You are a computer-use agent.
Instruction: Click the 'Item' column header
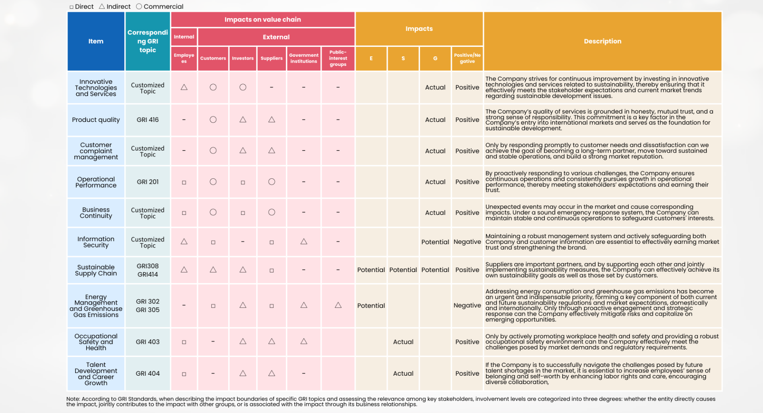96,41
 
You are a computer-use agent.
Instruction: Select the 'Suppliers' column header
271,58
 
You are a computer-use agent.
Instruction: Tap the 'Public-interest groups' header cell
338,58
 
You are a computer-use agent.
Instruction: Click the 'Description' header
602,41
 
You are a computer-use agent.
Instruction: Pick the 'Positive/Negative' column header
467,58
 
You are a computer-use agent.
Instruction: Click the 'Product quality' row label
96,120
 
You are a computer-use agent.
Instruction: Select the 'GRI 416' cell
147,120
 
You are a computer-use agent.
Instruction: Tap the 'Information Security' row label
96,242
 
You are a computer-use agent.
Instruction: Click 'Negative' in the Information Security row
467,242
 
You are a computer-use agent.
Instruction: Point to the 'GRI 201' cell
147,182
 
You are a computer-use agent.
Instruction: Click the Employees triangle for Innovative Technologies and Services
184,87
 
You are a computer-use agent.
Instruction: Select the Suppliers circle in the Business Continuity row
271,212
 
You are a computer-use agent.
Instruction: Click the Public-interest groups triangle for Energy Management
338,305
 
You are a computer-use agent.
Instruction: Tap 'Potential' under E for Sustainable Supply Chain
371,270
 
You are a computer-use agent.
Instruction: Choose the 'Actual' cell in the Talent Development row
403,374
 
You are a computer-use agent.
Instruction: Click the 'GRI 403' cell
147,342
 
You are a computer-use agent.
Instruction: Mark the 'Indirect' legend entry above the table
115,7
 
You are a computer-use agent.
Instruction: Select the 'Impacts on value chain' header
263,19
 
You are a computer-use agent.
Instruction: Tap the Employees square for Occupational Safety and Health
184,342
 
